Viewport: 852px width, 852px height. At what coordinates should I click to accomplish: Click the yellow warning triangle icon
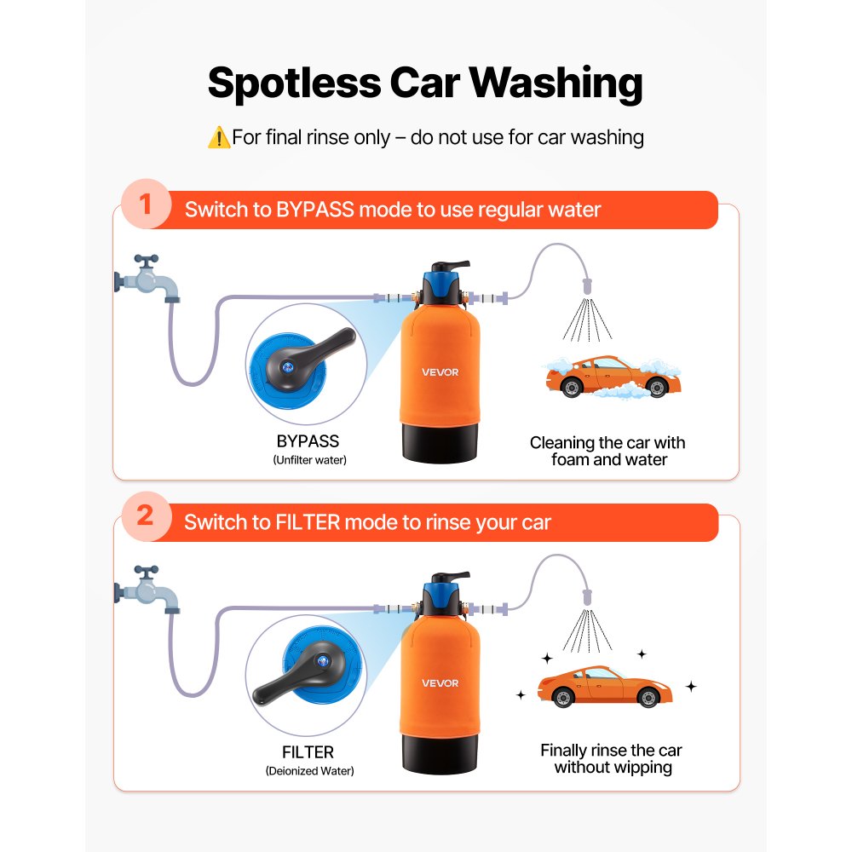point(218,137)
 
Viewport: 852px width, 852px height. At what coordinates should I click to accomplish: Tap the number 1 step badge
point(146,207)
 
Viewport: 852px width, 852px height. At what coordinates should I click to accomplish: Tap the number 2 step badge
point(146,516)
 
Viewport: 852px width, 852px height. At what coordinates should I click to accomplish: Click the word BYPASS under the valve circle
point(308,441)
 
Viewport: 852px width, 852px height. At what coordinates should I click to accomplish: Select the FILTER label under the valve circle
point(308,752)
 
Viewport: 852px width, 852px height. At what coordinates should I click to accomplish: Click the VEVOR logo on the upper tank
point(440,371)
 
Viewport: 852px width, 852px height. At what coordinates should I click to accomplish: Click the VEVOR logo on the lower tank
point(440,682)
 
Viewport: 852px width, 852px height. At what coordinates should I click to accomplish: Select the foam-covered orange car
point(612,377)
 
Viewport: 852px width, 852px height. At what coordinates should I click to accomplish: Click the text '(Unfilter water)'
point(309,460)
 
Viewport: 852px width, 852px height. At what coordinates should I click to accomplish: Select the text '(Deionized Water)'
point(309,771)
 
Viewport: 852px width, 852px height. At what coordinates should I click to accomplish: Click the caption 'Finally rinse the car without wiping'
point(612,759)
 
